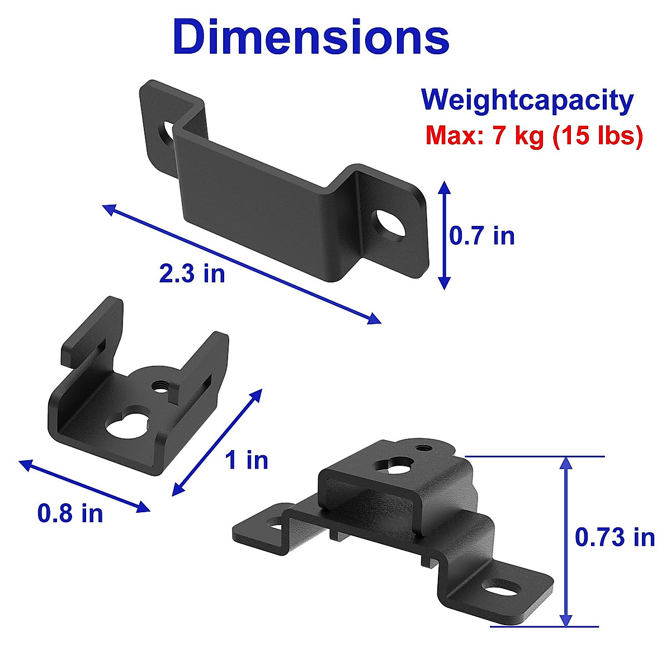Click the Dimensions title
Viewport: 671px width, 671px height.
coord(311,37)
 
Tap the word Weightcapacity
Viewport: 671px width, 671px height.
coord(527,101)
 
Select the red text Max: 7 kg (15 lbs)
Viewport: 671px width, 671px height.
coord(534,135)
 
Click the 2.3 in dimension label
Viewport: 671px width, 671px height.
coord(192,273)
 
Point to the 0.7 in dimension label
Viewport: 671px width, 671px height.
coord(482,235)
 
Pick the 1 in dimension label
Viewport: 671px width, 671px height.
coord(247,460)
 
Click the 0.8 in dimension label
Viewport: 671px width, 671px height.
coord(70,513)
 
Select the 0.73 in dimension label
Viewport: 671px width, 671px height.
coord(615,537)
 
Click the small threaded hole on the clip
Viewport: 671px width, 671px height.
coord(160,385)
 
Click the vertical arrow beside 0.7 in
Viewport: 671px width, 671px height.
coord(444,235)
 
